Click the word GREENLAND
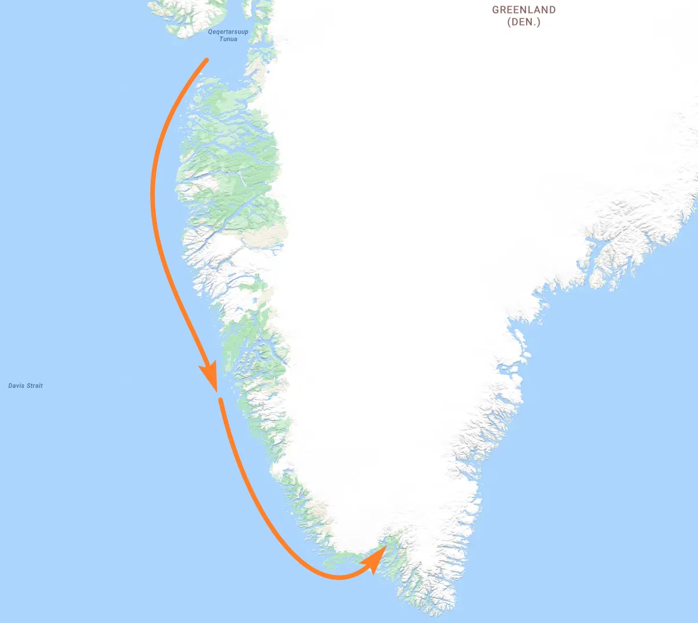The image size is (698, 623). [x=524, y=10]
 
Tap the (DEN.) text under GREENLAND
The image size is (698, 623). [x=524, y=22]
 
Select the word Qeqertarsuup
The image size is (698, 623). [x=228, y=32]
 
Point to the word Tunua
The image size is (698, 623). [x=228, y=39]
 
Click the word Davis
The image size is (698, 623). [x=16, y=386]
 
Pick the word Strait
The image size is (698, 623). [x=34, y=386]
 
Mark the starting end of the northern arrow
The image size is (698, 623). [x=207, y=59]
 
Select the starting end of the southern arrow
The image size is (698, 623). [x=220, y=400]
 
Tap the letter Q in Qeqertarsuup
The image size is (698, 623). [x=210, y=32]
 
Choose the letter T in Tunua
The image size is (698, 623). [x=222, y=39]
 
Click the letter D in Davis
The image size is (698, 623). [x=10, y=386]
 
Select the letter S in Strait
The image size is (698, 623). [x=28, y=386]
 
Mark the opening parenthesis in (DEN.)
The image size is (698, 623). [x=509, y=22]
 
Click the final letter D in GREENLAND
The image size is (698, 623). [x=552, y=10]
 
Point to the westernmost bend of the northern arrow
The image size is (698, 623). [x=153, y=194]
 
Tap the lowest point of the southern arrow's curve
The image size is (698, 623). [x=338, y=577]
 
